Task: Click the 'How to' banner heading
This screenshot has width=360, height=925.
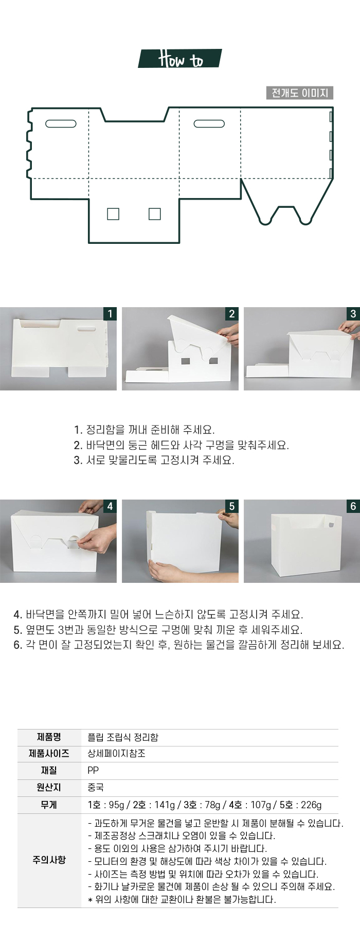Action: pos(180,59)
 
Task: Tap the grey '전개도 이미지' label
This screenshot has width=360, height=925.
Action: pos(300,93)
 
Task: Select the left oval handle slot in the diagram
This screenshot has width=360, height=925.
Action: pos(61,123)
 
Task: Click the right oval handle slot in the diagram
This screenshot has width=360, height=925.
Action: pos(209,123)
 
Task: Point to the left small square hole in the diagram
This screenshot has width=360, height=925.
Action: pos(113,214)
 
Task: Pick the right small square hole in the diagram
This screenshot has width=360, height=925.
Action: pos(154,214)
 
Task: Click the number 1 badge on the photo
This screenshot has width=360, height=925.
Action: pos(110,313)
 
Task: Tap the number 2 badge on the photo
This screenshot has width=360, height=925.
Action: pos(232,313)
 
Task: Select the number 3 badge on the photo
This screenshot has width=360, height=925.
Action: pos(353,313)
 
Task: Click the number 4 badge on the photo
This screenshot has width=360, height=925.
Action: pos(110,506)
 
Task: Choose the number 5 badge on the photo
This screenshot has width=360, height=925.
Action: pos(232,506)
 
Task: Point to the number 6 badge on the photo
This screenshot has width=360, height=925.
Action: pos(353,506)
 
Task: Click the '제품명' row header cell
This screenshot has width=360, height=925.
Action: pos(49,737)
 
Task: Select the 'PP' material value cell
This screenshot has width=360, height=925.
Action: pos(93,771)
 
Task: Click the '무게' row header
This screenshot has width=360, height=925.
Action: pos(49,805)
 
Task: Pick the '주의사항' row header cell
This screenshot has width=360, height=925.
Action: pos(49,860)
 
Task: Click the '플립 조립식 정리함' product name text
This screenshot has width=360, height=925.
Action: pos(123,737)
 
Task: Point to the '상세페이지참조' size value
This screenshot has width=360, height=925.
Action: pos(116,754)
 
